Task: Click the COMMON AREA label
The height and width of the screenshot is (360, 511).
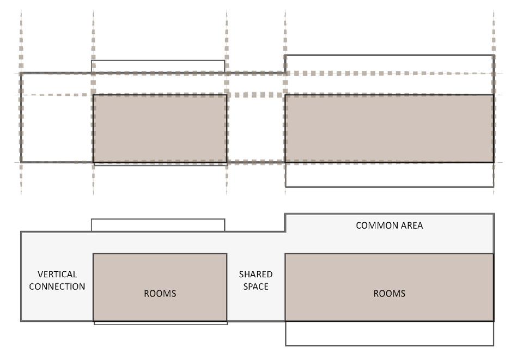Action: point(389,225)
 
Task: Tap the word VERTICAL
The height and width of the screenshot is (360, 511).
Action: point(57,274)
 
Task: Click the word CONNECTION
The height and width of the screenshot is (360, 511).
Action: point(57,286)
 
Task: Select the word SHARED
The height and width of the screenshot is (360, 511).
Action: point(255,274)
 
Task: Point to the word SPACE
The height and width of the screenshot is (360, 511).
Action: point(255,286)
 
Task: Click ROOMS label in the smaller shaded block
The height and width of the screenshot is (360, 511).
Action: point(160,294)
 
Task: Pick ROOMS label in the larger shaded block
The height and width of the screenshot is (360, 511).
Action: point(389,294)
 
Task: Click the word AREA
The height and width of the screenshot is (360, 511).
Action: point(412,225)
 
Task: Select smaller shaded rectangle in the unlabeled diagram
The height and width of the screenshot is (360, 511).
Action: point(160,129)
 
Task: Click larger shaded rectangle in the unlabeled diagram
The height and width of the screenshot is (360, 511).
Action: point(389,129)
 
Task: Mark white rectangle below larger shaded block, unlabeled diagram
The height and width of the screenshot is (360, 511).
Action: point(389,175)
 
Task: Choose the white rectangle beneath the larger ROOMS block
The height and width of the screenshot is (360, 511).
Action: point(389,333)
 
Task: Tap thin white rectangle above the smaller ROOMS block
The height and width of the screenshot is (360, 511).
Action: point(158,225)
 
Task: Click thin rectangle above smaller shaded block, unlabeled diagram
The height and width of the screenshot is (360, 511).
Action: point(158,66)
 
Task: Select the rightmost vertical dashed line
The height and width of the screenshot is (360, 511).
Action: point(494,33)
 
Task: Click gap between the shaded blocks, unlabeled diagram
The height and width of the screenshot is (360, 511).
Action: point(255,129)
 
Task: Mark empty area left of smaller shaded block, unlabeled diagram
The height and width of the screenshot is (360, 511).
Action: point(57,129)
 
